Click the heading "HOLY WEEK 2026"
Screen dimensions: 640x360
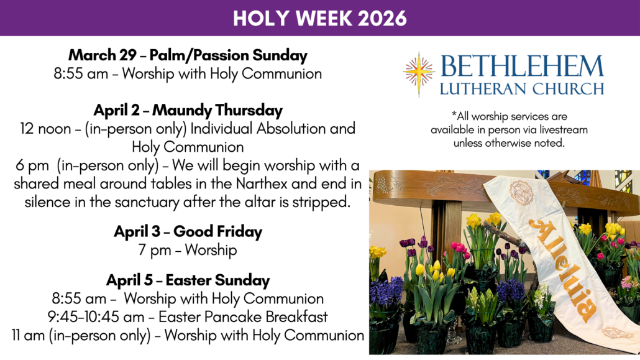(x=320, y=19)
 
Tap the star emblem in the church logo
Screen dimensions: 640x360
(x=419, y=74)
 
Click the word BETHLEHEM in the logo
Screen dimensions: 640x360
(x=522, y=66)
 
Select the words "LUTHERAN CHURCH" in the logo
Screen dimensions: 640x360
(x=522, y=88)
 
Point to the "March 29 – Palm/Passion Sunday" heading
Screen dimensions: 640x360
(x=188, y=55)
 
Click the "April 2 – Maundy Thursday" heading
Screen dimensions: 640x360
(x=188, y=110)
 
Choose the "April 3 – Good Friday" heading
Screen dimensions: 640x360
(x=188, y=231)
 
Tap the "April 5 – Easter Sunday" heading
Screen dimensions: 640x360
(x=188, y=280)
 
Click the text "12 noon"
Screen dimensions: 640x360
(x=46, y=129)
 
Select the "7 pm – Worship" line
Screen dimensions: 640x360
(x=188, y=250)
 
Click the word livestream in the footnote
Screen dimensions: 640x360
(x=564, y=130)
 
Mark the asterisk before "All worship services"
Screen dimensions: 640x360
(x=454, y=113)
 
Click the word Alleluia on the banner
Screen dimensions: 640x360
(x=563, y=269)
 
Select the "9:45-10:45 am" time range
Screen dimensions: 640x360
(x=96, y=316)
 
